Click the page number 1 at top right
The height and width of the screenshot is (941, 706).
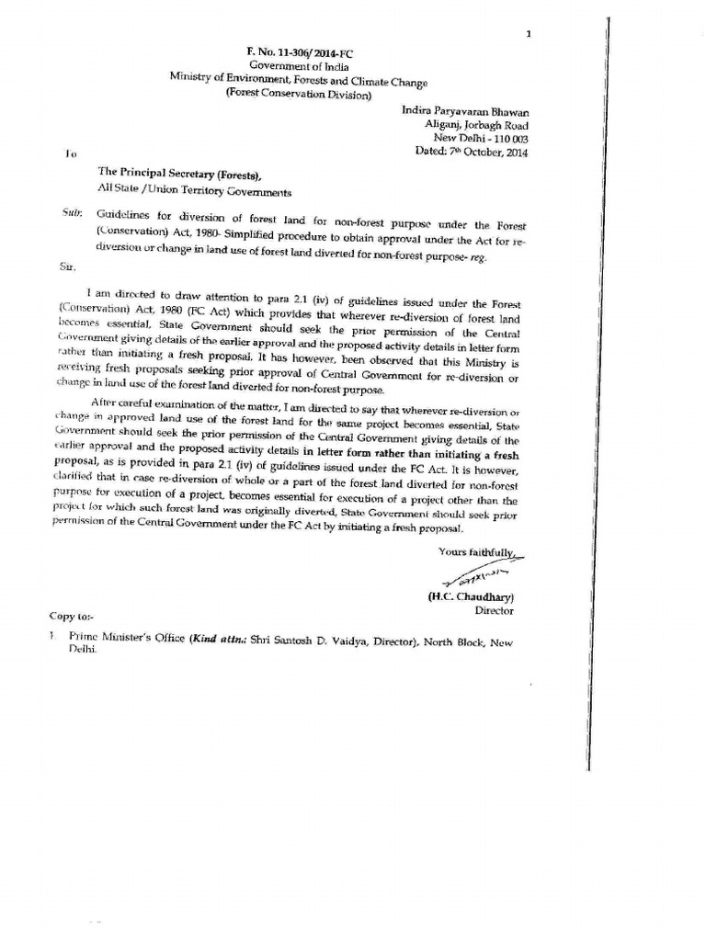click(x=529, y=34)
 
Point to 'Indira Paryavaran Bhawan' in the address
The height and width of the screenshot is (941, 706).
click(x=465, y=110)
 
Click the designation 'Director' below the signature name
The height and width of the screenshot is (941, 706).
click(x=494, y=610)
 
